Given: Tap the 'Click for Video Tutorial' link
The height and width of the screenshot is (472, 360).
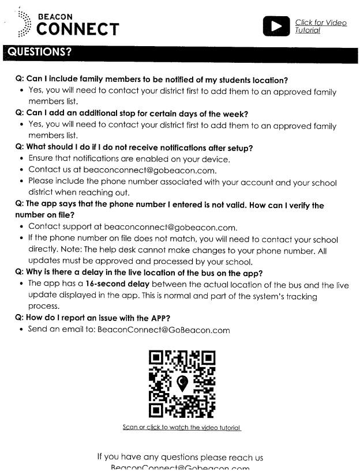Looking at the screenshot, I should [320, 26].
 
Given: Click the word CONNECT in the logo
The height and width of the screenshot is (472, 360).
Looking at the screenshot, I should [78, 29].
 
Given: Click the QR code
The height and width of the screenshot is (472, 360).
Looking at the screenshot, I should [182, 384].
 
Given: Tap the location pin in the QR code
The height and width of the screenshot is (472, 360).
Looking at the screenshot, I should [182, 382].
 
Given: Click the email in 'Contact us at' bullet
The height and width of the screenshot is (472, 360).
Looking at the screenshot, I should [150, 170].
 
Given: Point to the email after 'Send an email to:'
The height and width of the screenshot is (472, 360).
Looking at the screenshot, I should [163, 330].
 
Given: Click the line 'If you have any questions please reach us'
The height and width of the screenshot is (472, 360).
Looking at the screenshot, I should [180, 458].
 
